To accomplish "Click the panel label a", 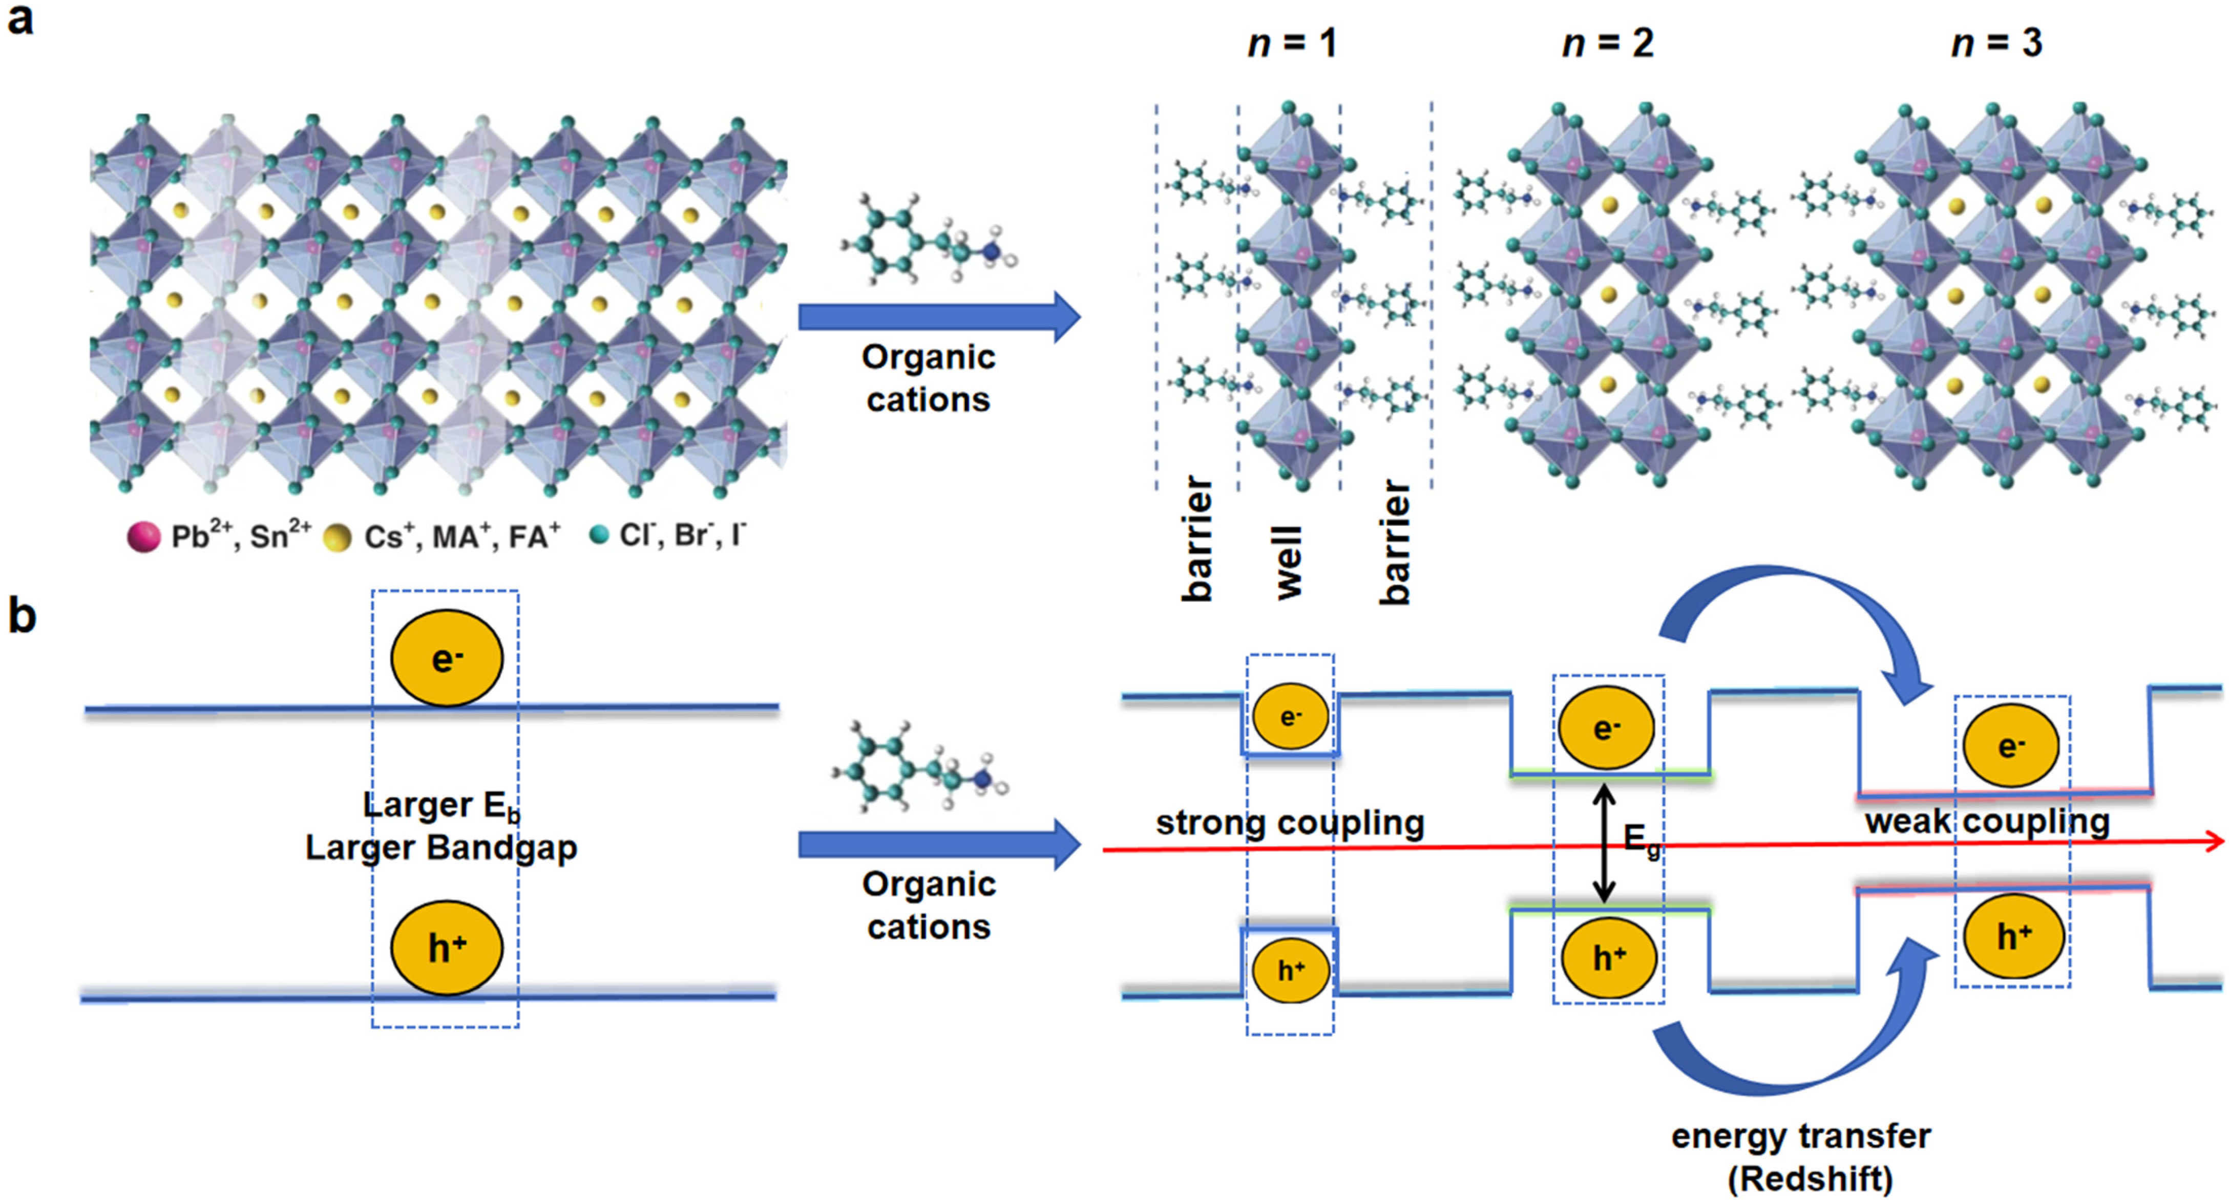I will (21, 19).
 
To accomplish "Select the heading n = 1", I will (1291, 43).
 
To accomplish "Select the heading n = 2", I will (1608, 43).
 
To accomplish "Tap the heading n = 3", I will (1996, 43).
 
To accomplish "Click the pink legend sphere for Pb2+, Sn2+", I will (143, 537).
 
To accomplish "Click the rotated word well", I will (1289, 562).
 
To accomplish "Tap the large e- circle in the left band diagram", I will (447, 658).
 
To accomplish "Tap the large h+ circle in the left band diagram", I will (447, 948).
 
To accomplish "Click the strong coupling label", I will (1289, 823).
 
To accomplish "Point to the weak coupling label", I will (1987, 821).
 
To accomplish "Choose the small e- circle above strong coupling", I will (1290, 716).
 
